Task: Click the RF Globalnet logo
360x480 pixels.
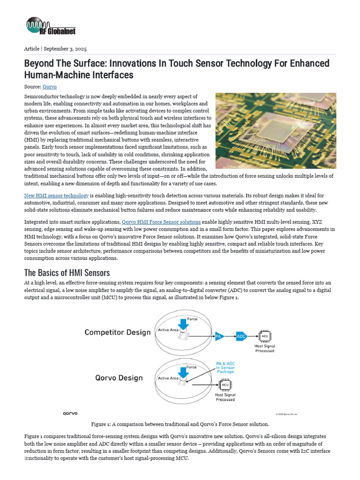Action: pos(51,26)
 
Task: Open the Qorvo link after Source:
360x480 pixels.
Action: pos(50,87)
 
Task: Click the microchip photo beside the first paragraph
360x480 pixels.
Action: pos(276,130)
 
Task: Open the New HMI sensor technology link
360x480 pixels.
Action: pos(56,195)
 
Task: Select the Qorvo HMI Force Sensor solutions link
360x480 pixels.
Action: pos(161,222)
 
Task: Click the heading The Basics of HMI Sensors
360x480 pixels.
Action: pos(67,273)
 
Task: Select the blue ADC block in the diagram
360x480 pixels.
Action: pos(241,336)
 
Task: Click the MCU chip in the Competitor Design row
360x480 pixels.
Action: pos(265,336)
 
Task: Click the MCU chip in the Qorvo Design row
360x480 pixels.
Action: pos(225,385)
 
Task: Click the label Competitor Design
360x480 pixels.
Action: pos(118,332)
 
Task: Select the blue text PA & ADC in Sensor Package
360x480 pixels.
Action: pos(225,367)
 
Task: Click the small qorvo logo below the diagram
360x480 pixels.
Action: pos(70,413)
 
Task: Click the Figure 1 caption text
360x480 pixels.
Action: pos(180,424)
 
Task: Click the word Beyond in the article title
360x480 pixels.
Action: pos(40,63)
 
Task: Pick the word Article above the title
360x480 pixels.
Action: pos(31,49)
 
